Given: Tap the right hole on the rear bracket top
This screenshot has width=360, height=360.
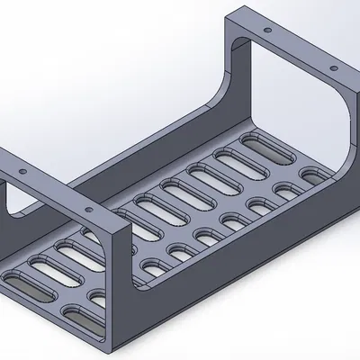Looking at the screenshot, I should coord(333,68).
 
